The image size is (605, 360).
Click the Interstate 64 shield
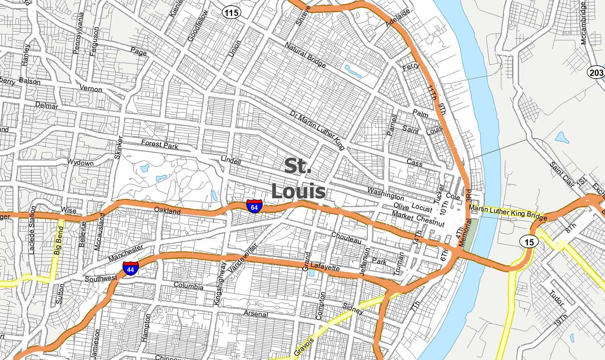tap(254, 206)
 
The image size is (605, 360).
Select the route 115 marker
tap(231, 13)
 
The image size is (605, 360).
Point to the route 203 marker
tap(596, 73)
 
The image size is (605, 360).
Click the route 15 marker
tap(529, 241)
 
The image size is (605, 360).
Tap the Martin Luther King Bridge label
tap(508, 212)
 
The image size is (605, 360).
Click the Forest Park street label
tap(160, 144)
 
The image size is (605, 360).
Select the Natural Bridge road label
tap(305, 55)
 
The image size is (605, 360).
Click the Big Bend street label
tap(59, 240)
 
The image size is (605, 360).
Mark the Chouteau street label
tap(346, 237)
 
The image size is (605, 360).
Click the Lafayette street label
tap(325, 267)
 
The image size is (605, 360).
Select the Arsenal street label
tap(255, 314)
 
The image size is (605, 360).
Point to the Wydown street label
tap(80, 163)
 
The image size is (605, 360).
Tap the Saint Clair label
tap(562, 175)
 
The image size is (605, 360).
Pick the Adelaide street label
tap(398, 18)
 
